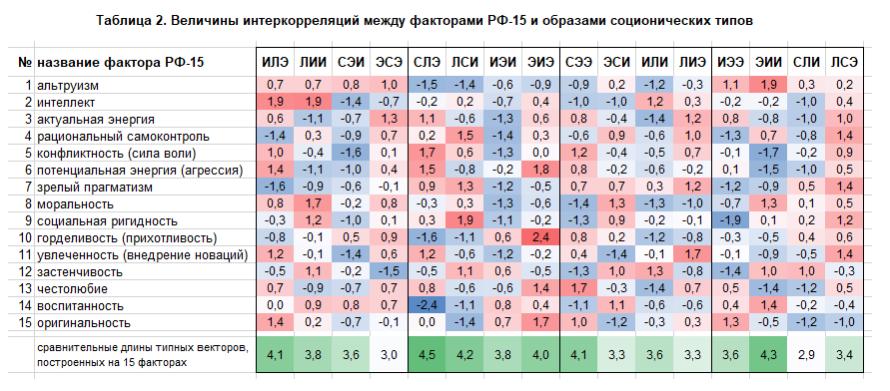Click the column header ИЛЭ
coord(275,62)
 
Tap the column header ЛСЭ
coord(844,62)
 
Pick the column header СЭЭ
coord(578,62)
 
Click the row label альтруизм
coord(68,86)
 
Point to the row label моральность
coord(75,204)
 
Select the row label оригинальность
coord(84,323)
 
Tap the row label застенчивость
coord(80,272)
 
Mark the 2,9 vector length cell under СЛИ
coord(806,355)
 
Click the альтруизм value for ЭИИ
coord(768,86)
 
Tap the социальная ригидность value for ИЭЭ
coord(730,221)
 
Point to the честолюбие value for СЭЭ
coord(578,289)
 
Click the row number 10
coord(25,238)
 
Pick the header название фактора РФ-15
coord(120,62)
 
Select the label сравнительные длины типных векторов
coord(142,348)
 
